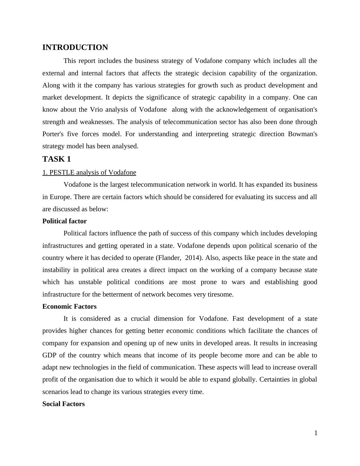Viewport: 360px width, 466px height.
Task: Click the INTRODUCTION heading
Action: pyautogui.click(x=75, y=48)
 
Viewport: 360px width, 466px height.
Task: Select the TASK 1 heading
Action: pyautogui.click(x=57, y=159)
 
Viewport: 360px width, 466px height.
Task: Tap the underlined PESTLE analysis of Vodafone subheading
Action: pyautogui.click(x=89, y=172)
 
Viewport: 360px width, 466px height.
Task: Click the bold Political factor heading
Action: pyautogui.click(x=64, y=221)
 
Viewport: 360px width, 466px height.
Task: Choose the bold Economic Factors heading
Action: pyautogui.click(x=69, y=307)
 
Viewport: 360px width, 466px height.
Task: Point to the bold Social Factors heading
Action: pyautogui.click(x=64, y=404)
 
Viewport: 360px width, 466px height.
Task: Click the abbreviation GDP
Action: pyautogui.click(x=49, y=355)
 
